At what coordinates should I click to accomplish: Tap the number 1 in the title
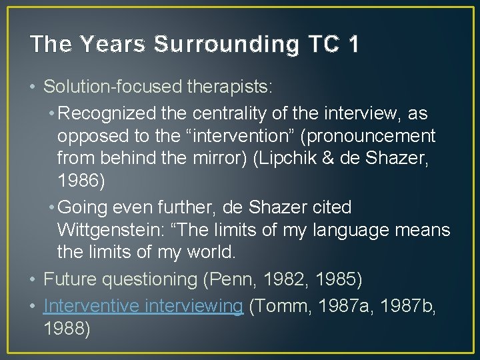(x=352, y=44)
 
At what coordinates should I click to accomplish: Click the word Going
(x=91, y=207)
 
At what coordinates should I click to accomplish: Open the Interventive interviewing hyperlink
(x=143, y=306)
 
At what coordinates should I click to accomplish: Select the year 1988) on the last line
(x=67, y=328)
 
